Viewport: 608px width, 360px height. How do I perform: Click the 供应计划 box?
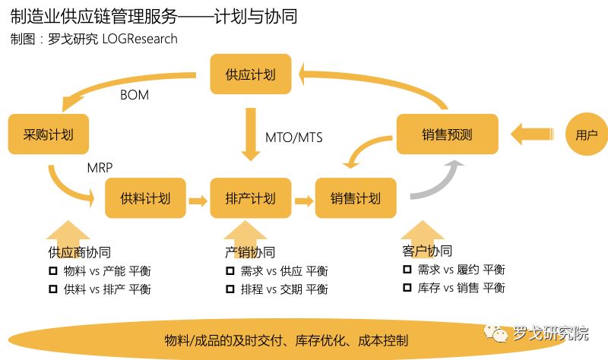click(250, 74)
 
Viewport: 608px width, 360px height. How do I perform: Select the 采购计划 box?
click(48, 134)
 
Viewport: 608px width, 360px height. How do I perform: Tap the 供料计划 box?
click(145, 199)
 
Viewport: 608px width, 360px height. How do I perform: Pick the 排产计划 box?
click(250, 199)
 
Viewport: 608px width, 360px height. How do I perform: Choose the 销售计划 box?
click(356, 199)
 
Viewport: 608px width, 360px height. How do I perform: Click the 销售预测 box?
click(447, 134)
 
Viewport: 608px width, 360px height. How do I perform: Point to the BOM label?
click(135, 96)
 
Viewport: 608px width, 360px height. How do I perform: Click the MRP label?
click(102, 167)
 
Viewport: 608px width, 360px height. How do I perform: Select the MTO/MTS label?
click(294, 137)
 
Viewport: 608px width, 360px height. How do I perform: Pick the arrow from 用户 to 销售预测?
click(531, 134)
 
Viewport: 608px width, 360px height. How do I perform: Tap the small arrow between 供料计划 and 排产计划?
click(198, 201)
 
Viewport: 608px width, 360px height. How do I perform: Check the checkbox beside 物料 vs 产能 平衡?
click(53, 271)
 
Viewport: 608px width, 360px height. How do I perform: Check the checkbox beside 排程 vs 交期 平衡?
click(230, 289)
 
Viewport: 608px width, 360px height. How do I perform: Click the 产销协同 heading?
click(250, 252)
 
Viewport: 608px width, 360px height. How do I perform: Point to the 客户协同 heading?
click(426, 251)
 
